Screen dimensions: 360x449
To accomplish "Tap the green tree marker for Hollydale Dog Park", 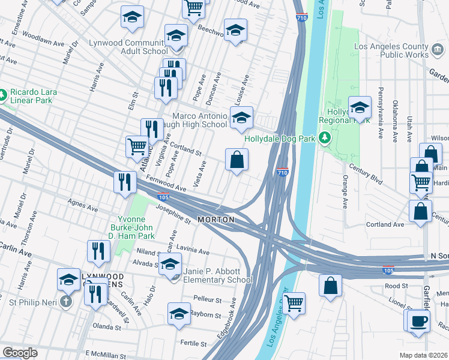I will (x=325, y=139).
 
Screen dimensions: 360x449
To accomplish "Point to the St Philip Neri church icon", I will (x=66, y=301).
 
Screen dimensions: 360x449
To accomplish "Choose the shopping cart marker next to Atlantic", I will (x=137, y=146).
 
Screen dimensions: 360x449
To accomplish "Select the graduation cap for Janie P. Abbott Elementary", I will (x=170, y=264).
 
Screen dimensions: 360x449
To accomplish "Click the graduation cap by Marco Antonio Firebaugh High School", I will (x=241, y=117).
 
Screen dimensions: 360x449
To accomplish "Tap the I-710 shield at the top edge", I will (x=301, y=19).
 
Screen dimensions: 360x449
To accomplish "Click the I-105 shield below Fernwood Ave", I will (x=163, y=196).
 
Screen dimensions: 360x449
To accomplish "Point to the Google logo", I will (x=20, y=353).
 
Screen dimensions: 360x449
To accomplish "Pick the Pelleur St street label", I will (x=208, y=299).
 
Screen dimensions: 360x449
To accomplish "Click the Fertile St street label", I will (x=194, y=344).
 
